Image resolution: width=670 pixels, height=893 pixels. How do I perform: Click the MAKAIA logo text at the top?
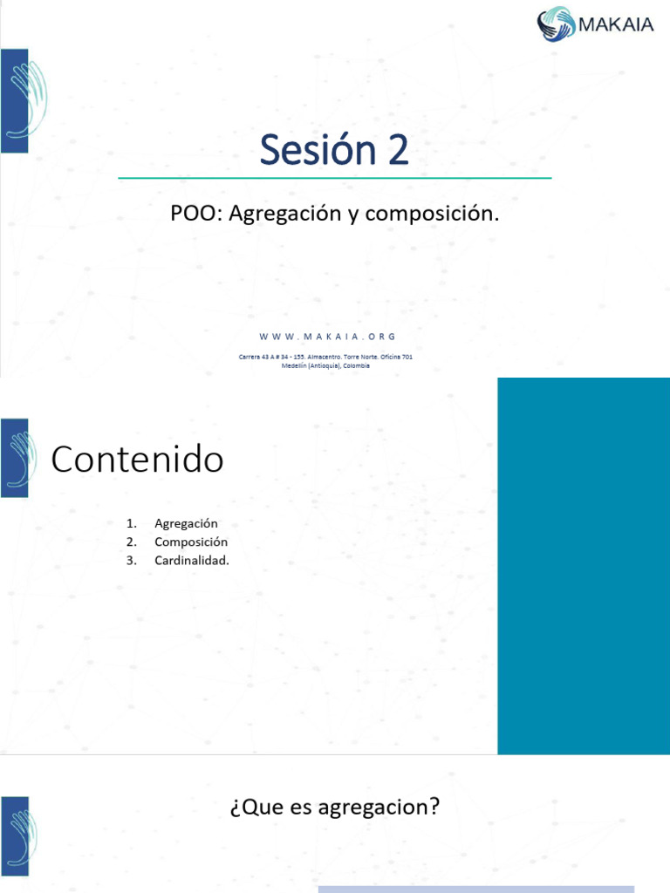614,24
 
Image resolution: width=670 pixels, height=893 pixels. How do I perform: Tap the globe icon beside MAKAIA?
557,24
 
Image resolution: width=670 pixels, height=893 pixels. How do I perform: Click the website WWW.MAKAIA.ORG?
327,337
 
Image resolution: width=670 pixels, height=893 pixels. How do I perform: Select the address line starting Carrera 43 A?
326,357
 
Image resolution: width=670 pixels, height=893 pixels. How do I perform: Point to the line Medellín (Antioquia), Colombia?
326,366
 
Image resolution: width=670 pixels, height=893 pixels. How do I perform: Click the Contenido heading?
137,460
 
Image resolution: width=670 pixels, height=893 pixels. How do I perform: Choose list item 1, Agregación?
186,523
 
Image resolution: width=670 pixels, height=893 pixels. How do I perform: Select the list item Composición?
191,542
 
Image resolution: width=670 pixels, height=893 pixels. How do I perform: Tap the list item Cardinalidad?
192,560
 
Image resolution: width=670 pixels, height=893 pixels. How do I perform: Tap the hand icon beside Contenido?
15,458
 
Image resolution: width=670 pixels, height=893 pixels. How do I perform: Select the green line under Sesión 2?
334,178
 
